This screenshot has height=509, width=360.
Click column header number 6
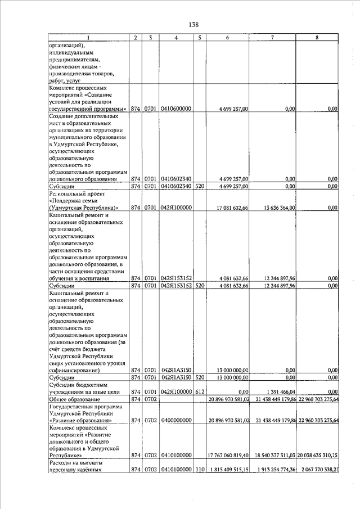[227, 38]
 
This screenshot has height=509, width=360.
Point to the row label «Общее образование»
[71, 399]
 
